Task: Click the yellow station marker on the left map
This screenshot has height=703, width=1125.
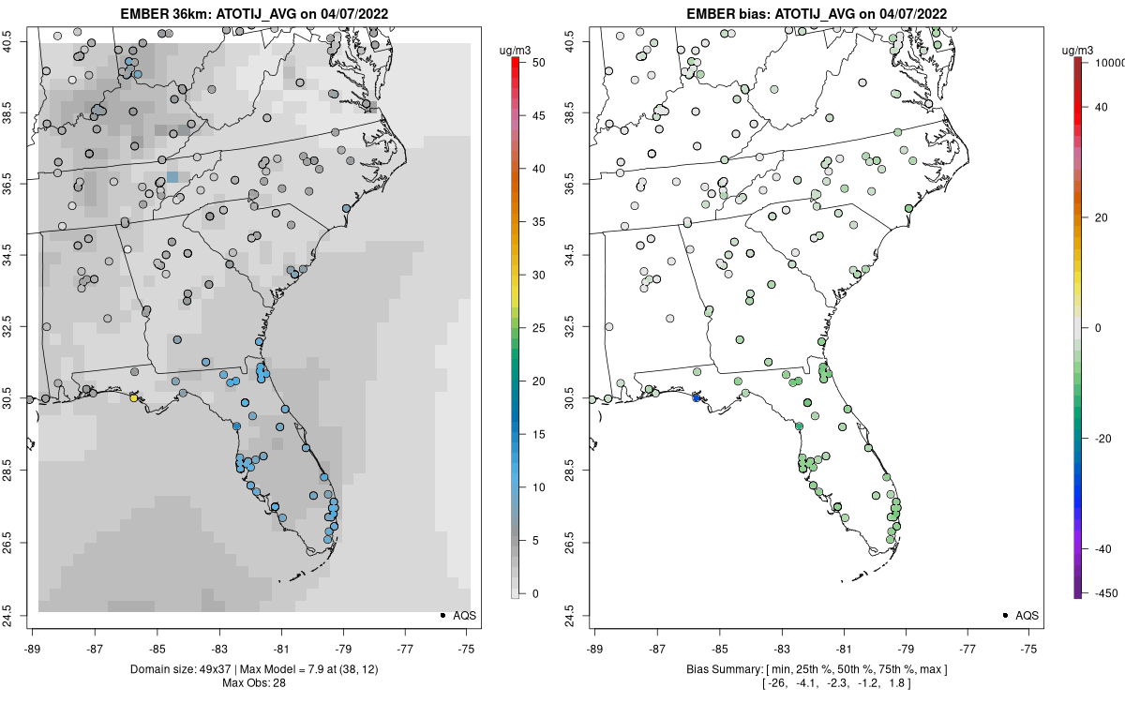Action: [134, 398]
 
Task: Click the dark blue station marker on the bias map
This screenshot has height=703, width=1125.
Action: [696, 398]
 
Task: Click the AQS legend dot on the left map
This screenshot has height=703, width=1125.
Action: [442, 615]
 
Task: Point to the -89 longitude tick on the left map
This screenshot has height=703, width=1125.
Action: [33, 648]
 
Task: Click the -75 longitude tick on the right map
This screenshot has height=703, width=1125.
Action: [1029, 648]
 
